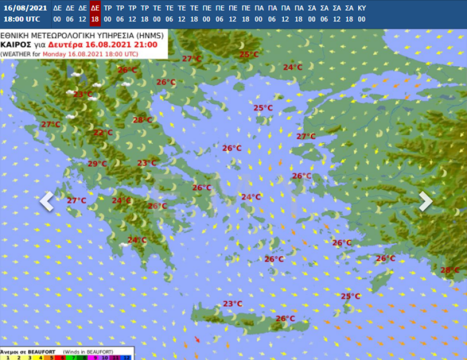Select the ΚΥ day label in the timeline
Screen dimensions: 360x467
(x=361, y=8)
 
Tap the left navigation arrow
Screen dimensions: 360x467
(x=47, y=201)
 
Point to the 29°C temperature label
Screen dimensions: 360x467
(x=97, y=164)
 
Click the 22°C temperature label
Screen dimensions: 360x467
(x=103, y=133)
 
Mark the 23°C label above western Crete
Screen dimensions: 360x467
(x=232, y=304)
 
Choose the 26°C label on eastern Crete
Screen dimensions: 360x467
(x=285, y=319)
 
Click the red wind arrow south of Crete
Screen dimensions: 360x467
(x=197, y=339)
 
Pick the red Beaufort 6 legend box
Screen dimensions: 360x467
(x=62, y=357)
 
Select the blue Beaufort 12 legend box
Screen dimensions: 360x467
(x=126, y=357)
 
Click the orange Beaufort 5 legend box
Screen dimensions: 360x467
(x=51, y=357)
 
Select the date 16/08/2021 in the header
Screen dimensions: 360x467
(x=25, y=8)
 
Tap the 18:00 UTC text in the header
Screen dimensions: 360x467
(x=22, y=19)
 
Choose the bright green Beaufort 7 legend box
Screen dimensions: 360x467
(x=73, y=357)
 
